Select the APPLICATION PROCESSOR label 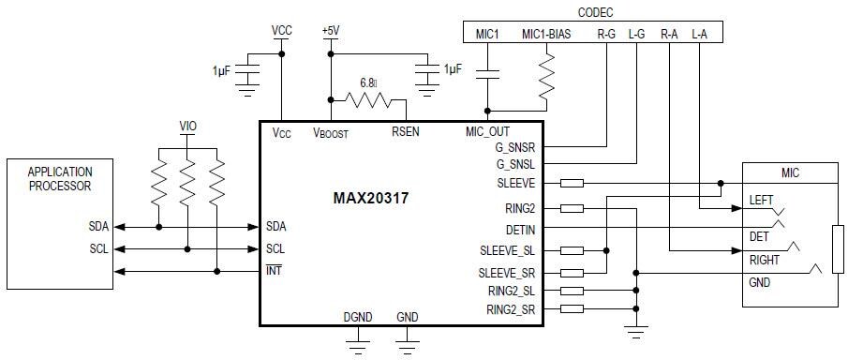[60, 179]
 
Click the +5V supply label [330, 30]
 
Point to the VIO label [187, 126]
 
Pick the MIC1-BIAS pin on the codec [545, 34]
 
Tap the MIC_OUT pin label [487, 132]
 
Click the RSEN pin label [405, 132]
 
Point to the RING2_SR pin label [512, 308]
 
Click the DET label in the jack [759, 236]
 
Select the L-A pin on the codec [699, 34]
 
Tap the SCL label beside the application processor [97, 249]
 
